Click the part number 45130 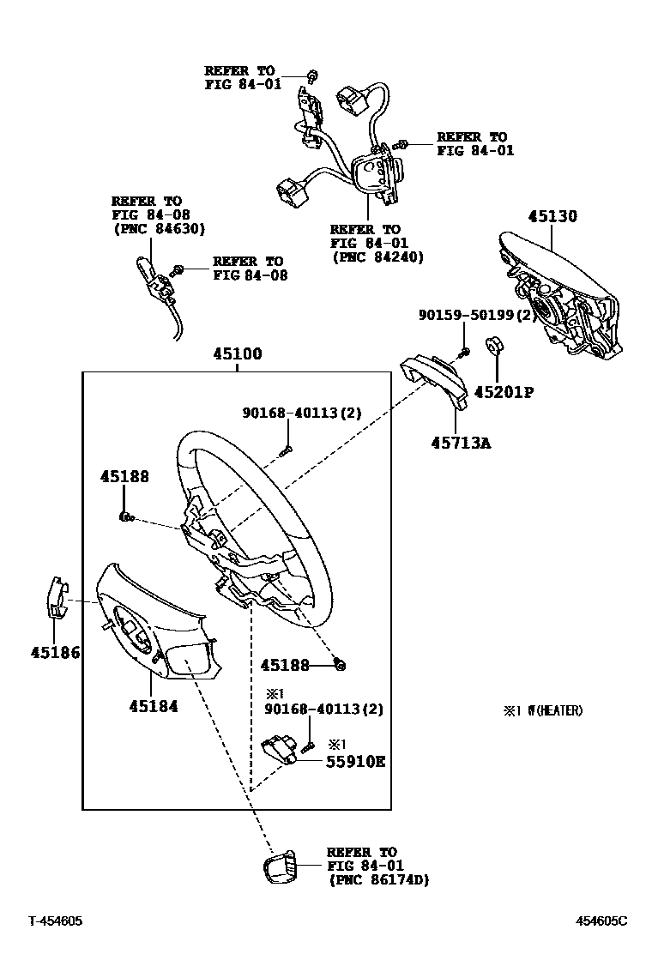pyautogui.click(x=552, y=217)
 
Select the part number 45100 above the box pyautogui.click(x=237, y=354)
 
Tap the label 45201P pyautogui.click(x=505, y=392)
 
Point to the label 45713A pyautogui.click(x=461, y=443)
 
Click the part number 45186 pyautogui.click(x=55, y=653)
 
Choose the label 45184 pyautogui.click(x=154, y=706)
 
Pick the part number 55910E pyautogui.click(x=354, y=761)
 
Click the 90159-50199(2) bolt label pyautogui.click(x=477, y=316)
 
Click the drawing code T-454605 pyautogui.click(x=56, y=921)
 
